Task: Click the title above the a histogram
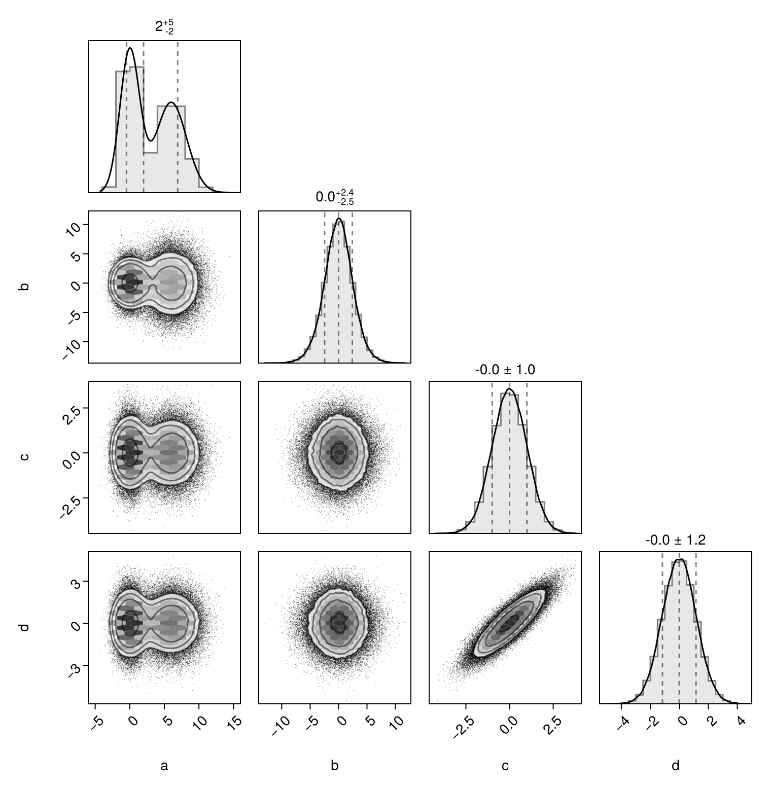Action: pos(164,27)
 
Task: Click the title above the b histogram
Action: pos(334,197)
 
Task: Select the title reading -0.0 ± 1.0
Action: pos(505,370)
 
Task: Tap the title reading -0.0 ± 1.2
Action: pos(675,541)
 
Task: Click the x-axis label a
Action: pos(164,766)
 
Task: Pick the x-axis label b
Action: pos(334,766)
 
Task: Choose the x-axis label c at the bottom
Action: pos(505,766)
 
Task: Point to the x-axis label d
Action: pos(675,766)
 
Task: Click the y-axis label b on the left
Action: pos(23,286)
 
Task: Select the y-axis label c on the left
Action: pos(23,457)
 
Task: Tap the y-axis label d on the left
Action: pos(23,627)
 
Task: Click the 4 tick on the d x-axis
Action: pos(741,719)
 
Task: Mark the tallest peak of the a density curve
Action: pos(130,48)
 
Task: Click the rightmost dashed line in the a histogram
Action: pos(178,117)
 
